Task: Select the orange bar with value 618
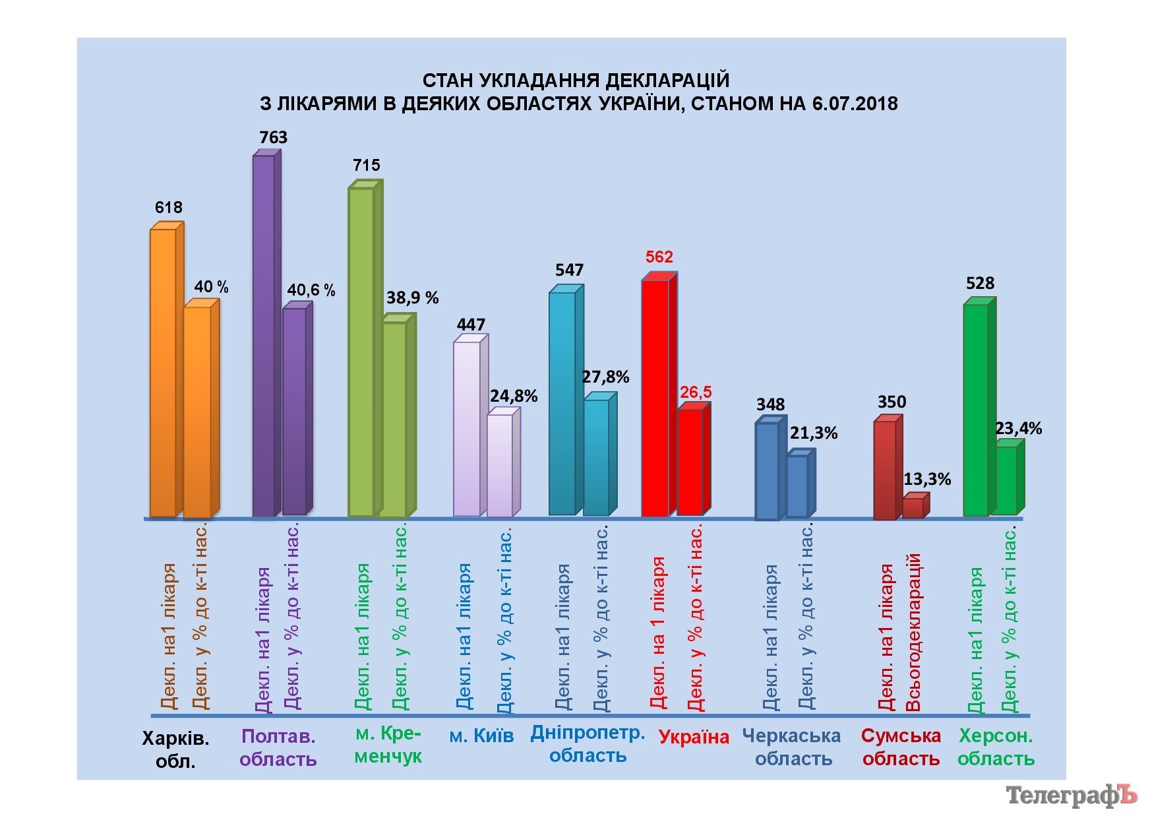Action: tap(163, 373)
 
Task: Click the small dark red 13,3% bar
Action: tap(913, 508)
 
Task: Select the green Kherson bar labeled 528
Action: tap(976, 410)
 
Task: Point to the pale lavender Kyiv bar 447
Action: tap(467, 429)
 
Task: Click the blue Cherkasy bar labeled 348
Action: tap(767, 470)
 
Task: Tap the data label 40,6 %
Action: tap(311, 290)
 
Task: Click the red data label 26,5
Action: tap(696, 393)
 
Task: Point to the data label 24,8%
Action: tap(514, 396)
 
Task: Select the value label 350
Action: tap(892, 402)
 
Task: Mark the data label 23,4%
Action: tap(1018, 429)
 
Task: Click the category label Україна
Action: tap(694, 737)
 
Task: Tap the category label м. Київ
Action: tap(481, 736)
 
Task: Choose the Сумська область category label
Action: tap(901, 747)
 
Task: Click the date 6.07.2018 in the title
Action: tap(855, 104)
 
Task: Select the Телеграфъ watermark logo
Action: tap(1071, 796)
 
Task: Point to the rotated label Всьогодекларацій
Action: tap(913, 632)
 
